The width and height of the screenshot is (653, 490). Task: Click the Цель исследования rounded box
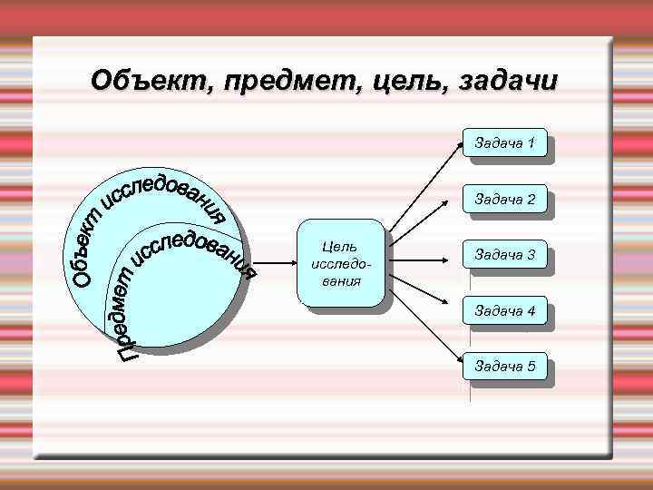click(340, 264)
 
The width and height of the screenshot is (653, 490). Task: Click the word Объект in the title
click(146, 82)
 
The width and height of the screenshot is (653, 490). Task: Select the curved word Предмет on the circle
click(127, 309)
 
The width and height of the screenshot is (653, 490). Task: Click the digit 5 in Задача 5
click(531, 367)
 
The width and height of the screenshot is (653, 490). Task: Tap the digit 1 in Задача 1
click(531, 143)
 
